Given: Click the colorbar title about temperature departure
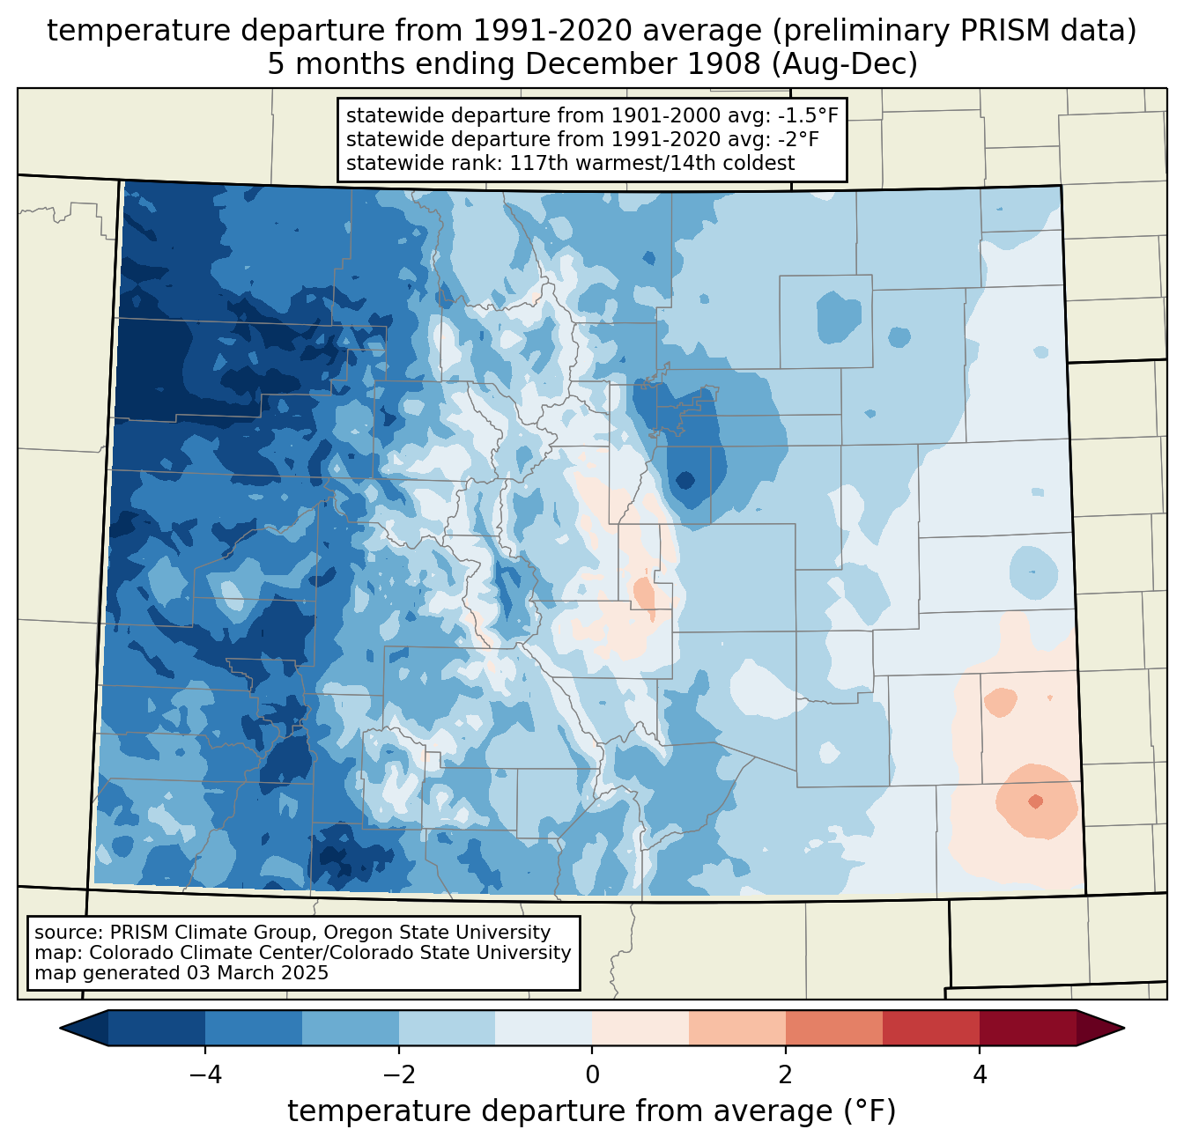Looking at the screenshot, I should coord(591,1111).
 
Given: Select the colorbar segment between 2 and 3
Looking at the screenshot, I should coord(833,1028).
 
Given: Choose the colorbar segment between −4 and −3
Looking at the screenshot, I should coord(254,1028).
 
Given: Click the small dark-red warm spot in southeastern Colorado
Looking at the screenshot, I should coord(1035,801).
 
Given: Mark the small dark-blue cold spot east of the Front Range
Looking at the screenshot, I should coord(684,480).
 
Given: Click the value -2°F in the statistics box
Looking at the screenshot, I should coord(796,139).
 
